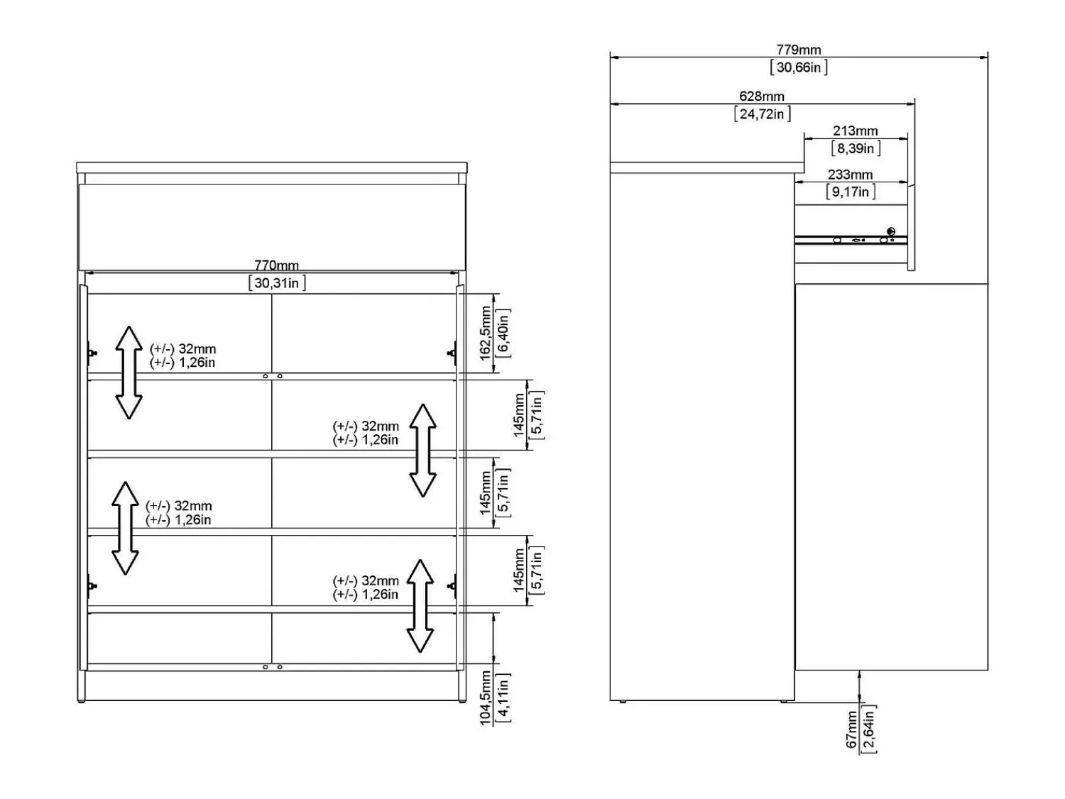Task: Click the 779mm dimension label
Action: click(798, 50)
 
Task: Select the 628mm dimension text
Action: click(761, 96)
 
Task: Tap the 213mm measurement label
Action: click(855, 131)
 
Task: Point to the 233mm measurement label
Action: click(850, 175)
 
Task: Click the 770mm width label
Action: click(277, 265)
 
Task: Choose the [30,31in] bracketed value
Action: click(277, 283)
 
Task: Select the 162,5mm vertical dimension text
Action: click(485, 333)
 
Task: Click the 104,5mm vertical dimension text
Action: click(485, 698)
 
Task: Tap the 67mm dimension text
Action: click(851, 729)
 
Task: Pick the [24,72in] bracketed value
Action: click(763, 114)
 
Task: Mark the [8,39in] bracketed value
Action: click(856, 148)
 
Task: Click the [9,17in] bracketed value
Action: click(851, 192)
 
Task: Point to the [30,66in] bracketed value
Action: click(799, 67)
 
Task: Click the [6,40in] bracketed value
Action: click(503, 334)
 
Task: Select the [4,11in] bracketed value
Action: click(503, 698)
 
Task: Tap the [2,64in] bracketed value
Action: click(868, 729)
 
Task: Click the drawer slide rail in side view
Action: click(851, 240)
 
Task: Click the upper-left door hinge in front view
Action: click(91, 353)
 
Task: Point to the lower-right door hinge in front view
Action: click(452, 586)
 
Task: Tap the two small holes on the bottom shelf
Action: click(272, 667)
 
